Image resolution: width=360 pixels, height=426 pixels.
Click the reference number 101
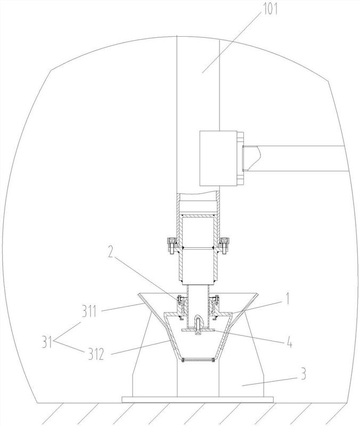point(269,9)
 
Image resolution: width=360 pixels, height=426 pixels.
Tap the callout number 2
point(110,252)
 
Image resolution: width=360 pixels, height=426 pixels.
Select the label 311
point(89,310)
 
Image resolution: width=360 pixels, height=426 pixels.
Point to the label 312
point(96,354)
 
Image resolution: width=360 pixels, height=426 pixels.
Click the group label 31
point(47,342)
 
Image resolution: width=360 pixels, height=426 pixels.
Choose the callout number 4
point(290,343)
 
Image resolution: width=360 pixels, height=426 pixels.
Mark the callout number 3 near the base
point(304,374)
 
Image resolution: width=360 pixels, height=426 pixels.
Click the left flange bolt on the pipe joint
point(171,245)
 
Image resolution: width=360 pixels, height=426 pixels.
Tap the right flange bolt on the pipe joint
point(224,245)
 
